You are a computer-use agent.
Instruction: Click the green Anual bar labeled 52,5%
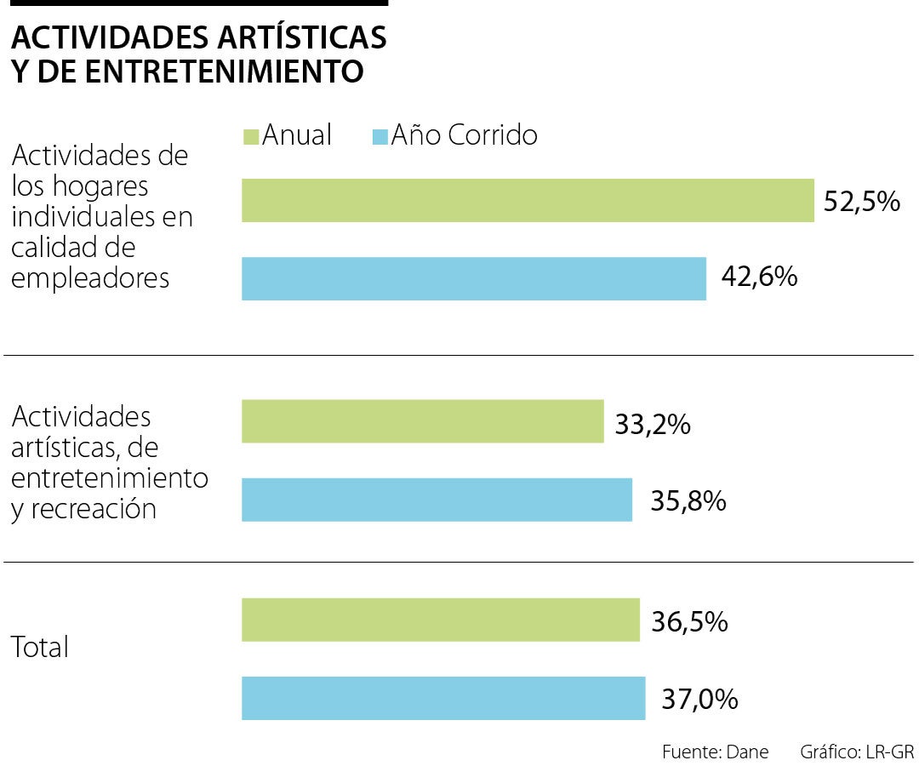tap(528, 201)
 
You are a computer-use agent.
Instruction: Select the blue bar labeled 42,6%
tap(474, 278)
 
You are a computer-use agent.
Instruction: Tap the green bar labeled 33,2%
tap(423, 421)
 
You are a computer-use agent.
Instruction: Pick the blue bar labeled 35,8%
tap(437, 500)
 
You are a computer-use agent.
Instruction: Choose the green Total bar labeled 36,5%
tap(441, 620)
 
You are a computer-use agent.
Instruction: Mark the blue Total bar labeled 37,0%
tap(443, 698)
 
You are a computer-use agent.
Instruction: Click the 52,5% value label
tap(861, 202)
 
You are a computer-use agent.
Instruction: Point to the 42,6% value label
tap(758, 277)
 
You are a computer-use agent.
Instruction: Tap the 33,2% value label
tap(652, 423)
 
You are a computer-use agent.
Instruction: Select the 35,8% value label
tap(688, 500)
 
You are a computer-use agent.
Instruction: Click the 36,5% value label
tap(689, 621)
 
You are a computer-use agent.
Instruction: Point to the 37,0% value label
tap(699, 700)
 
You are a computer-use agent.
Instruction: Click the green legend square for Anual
tap(251, 136)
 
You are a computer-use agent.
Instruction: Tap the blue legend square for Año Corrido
tap(380, 136)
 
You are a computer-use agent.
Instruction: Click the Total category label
tap(39, 648)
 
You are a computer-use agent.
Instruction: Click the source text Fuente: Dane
tap(715, 752)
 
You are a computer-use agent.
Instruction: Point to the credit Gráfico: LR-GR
tap(856, 752)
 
